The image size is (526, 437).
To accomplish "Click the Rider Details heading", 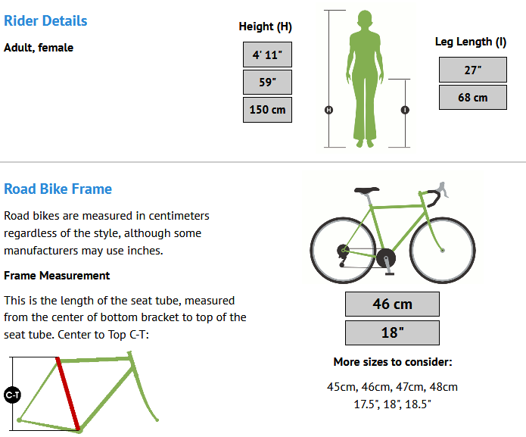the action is coord(45,20).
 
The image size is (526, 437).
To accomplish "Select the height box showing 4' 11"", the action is coord(267,55).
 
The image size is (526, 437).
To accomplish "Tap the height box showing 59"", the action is coord(267,82).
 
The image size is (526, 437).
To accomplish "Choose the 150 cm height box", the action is coord(267,110).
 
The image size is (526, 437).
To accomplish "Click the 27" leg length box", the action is coord(473,70).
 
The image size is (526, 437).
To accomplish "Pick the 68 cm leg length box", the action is coord(473,98).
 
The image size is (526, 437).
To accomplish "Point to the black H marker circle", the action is coord(328,110).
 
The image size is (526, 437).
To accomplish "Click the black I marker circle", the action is coord(405,110).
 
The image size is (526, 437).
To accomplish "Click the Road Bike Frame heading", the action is coord(58,189).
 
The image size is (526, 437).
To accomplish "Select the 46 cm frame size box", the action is coord(392,304).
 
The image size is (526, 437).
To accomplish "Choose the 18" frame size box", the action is coord(392,332).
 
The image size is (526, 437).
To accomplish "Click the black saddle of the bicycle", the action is coord(366,190).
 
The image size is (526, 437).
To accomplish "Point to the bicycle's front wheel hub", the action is coord(443,251).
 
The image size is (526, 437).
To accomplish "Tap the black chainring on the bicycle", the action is coord(386,258).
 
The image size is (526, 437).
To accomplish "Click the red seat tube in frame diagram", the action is coord(68,393).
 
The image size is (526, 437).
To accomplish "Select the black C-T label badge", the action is coord(12,395).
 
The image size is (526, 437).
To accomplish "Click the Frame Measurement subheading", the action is coord(57,276).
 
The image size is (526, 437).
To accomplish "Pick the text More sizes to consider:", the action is coord(393,362).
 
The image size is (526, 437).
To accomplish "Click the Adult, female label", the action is coord(39,48).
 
